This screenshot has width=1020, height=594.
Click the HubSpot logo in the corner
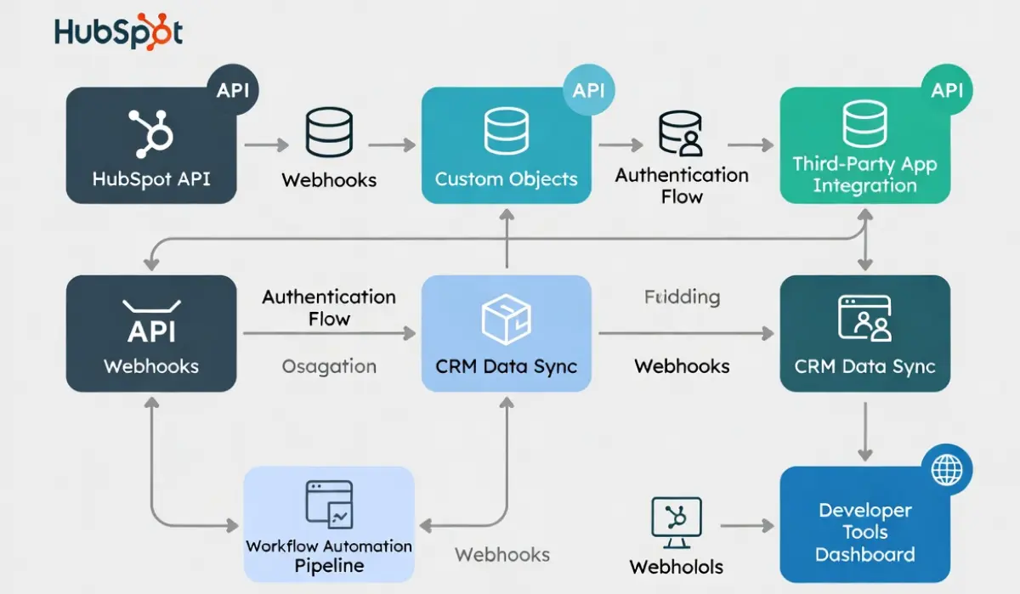(118, 31)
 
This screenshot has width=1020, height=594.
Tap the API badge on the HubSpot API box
(233, 89)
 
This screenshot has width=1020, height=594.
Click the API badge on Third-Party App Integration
(947, 89)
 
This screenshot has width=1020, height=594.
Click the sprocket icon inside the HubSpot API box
(150, 134)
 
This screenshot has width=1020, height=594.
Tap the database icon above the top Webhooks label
(328, 134)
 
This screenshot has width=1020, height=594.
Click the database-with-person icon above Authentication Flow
(682, 134)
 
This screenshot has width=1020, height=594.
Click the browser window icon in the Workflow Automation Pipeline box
(328, 504)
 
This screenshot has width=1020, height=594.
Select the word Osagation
(329, 367)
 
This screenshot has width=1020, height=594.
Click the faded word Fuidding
(682, 297)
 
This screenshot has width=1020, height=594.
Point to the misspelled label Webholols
(676, 567)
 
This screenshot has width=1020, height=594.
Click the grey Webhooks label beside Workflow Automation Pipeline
(502, 555)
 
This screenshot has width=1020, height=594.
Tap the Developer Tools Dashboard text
(865, 533)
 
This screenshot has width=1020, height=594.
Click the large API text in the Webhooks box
(151, 332)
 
